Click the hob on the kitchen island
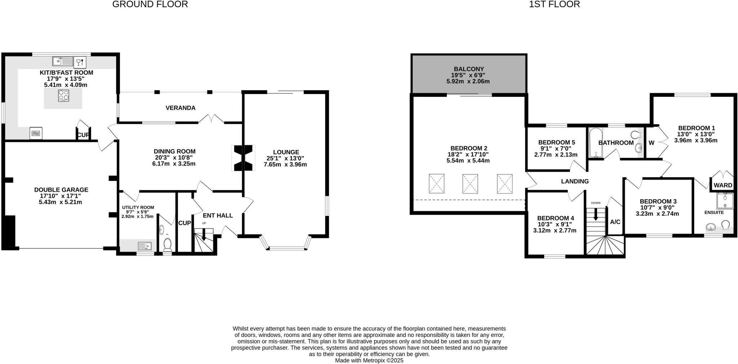[63, 95]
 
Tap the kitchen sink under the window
[63, 62]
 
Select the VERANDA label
[181, 108]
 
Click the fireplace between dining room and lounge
[243, 158]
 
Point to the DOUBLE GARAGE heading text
[61, 190]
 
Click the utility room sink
[145, 246]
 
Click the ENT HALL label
[218, 216]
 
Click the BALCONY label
[468, 69]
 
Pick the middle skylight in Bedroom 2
[470, 184]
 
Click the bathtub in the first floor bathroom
[596, 143]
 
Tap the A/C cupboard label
[615, 222]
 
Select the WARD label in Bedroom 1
[723, 185]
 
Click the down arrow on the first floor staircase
[595, 215]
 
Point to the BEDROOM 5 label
[556, 143]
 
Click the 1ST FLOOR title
[554, 4]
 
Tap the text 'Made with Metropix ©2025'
[369, 360]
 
